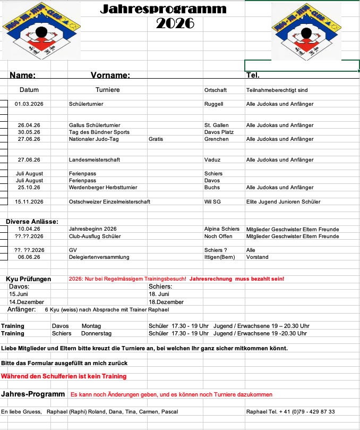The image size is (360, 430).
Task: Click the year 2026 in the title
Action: pyautogui.click(x=175, y=23)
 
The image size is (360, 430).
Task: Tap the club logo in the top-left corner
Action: pyautogui.click(x=41, y=30)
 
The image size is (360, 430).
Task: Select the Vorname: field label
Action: pyautogui.click(x=110, y=75)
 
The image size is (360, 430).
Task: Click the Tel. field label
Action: pyautogui.click(x=253, y=75)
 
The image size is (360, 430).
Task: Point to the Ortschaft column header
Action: pyautogui.click(x=216, y=90)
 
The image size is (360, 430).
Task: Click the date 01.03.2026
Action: pyautogui.click(x=29, y=104)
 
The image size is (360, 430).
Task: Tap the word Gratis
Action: pyautogui.click(x=156, y=139)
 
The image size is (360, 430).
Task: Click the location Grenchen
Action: pyautogui.click(x=217, y=139)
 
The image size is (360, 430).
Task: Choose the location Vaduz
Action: pyautogui.click(x=212, y=160)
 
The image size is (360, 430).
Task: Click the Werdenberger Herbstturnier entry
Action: pyautogui.click(x=101, y=188)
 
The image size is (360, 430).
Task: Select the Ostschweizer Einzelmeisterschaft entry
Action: pyautogui.click(x=109, y=202)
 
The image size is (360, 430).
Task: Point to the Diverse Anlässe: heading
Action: pyautogui.click(x=32, y=222)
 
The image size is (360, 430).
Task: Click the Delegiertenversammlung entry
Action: pyautogui.click(x=99, y=257)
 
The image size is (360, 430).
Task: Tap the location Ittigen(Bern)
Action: pyautogui.click(x=220, y=257)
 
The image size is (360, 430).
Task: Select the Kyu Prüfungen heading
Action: pyautogui.click(x=29, y=279)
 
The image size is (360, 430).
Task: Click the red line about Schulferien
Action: pyautogui.click(x=64, y=376)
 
